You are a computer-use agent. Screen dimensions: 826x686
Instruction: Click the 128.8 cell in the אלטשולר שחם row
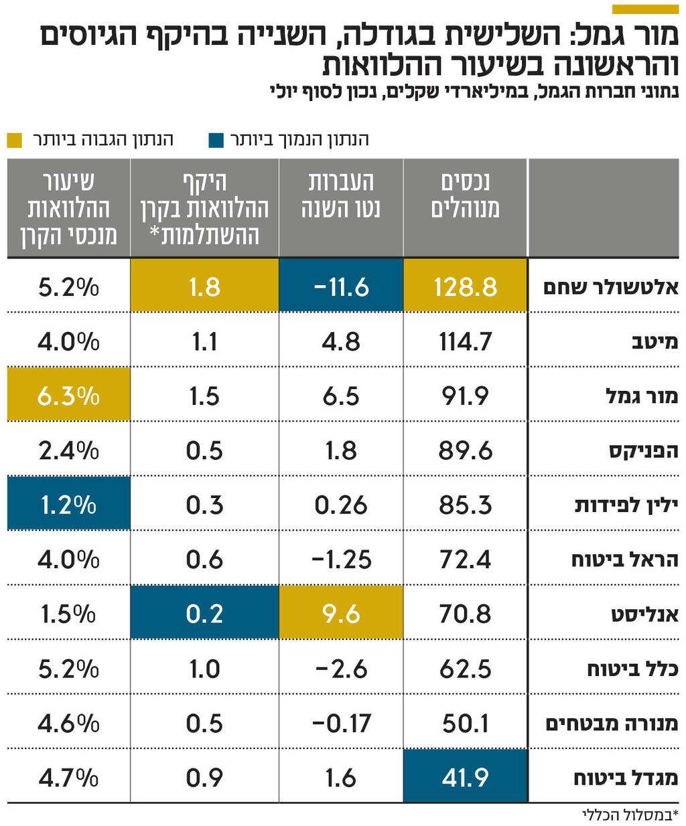pyautogui.click(x=465, y=286)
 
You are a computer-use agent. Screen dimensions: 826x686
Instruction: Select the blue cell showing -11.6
pyautogui.click(x=340, y=286)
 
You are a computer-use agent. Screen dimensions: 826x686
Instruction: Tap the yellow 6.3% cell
pyautogui.click(x=68, y=396)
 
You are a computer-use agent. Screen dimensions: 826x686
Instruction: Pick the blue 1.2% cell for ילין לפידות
pyautogui.click(x=68, y=505)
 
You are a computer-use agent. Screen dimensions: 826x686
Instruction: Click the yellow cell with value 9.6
pyautogui.click(x=340, y=613)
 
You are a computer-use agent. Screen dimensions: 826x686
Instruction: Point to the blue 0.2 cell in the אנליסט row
pyautogui.click(x=204, y=613)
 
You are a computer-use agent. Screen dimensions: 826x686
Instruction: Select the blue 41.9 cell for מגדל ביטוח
pyautogui.click(x=465, y=777)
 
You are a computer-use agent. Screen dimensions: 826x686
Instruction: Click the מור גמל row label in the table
pyautogui.click(x=641, y=396)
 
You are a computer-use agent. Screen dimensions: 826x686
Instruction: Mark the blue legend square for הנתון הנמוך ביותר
pyautogui.click(x=216, y=140)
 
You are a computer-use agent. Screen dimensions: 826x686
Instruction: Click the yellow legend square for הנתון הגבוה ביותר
pyautogui.click(x=14, y=140)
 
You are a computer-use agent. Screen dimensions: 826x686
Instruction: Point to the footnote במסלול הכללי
pyautogui.click(x=630, y=815)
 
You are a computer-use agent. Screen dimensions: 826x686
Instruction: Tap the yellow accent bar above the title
pyautogui.click(x=645, y=9)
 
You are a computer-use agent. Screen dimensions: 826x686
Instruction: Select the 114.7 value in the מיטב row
pyautogui.click(x=465, y=341)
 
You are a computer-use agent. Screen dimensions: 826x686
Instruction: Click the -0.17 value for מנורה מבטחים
pyautogui.click(x=340, y=723)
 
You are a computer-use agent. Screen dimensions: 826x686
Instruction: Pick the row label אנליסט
pyautogui.click(x=644, y=614)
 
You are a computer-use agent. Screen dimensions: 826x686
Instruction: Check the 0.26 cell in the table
pyautogui.click(x=340, y=505)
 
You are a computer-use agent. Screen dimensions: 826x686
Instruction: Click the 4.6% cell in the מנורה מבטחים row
pyautogui.click(x=68, y=723)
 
